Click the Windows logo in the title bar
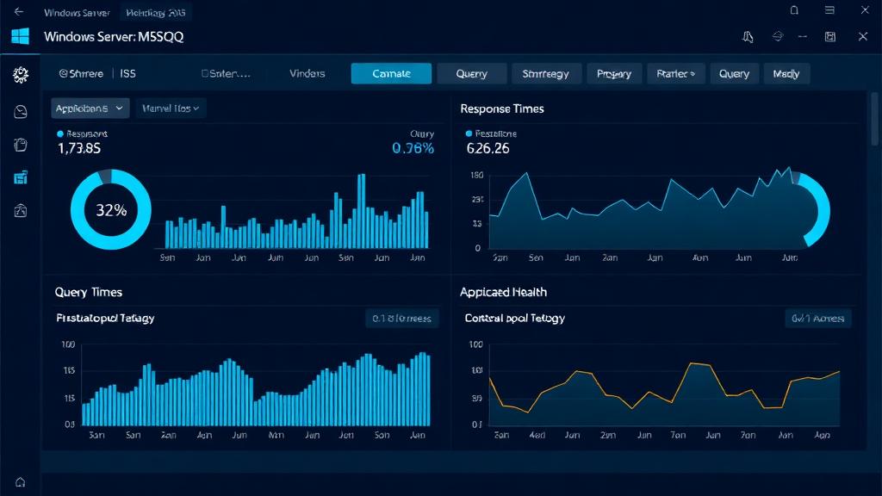point(20,36)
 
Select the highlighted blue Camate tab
point(391,74)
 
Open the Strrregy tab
point(546,74)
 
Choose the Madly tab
point(786,74)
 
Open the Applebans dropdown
point(90,108)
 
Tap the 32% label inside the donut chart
point(110,209)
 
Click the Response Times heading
point(501,109)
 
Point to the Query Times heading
point(88,293)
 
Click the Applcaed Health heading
point(503,293)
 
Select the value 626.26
point(488,148)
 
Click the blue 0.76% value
point(413,148)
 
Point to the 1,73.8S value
point(79,148)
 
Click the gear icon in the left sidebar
point(21,75)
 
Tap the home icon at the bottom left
point(20,482)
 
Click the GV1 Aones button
point(818,319)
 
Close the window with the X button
point(863,36)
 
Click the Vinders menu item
point(307,74)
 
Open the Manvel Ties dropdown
point(170,108)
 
